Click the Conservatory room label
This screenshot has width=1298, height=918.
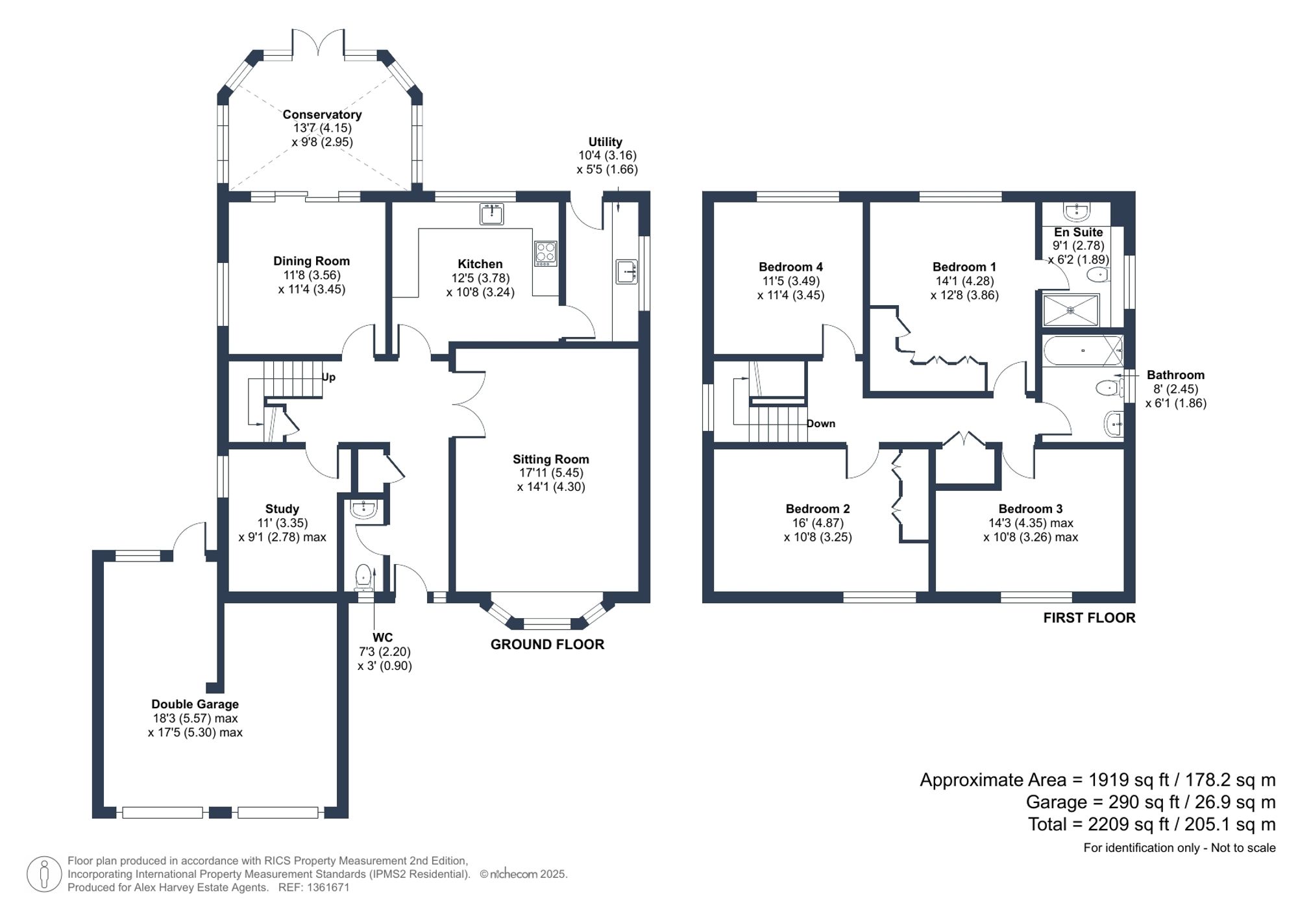322,114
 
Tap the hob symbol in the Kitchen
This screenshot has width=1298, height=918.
545,253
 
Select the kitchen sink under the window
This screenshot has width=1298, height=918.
491,214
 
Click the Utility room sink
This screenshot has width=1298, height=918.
626,271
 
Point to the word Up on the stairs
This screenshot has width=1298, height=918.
328,377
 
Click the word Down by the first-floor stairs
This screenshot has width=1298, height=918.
821,423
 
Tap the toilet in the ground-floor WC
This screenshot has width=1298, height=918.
363,577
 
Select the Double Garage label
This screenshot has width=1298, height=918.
195,704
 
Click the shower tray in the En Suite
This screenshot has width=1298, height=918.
1071,310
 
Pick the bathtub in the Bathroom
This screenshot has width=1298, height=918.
1083,351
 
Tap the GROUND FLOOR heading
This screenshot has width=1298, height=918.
547,644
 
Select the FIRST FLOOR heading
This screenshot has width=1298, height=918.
1089,617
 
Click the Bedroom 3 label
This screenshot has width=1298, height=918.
1030,509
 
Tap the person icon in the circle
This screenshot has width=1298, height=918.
44,874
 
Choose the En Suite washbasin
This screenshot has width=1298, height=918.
1077,211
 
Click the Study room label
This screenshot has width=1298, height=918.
282,509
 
